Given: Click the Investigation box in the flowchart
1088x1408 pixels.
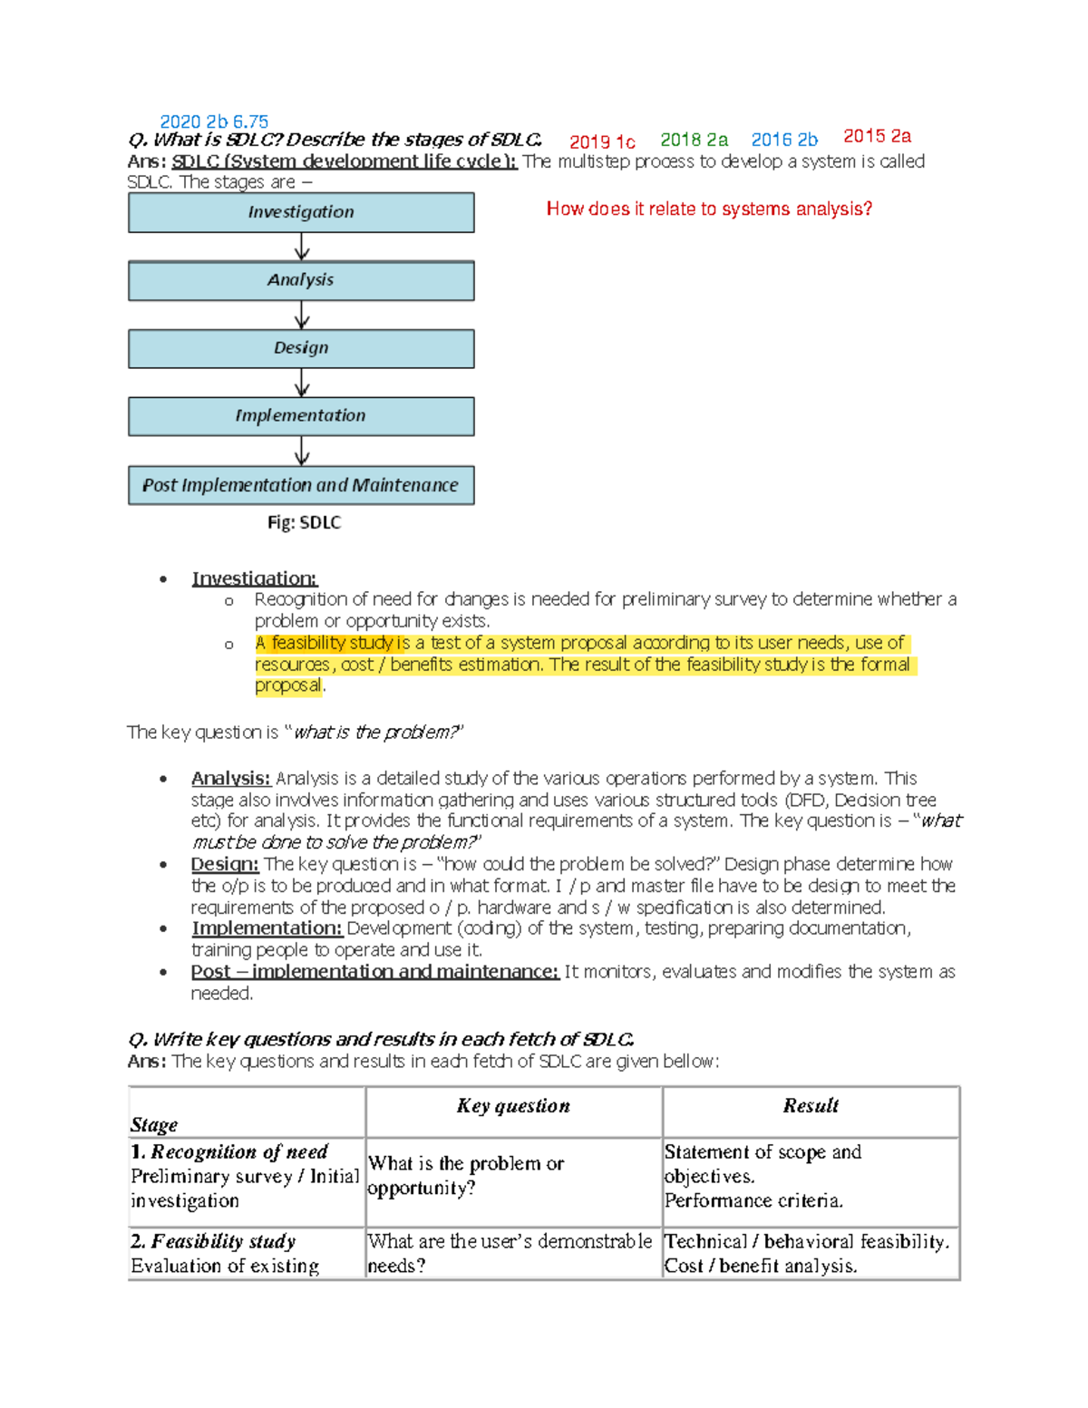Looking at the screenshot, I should click(x=301, y=212).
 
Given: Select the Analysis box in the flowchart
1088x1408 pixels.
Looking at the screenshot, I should click(x=301, y=280).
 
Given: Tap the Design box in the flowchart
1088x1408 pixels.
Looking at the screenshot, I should click(x=301, y=348).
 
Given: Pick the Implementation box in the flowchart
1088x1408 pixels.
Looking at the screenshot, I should click(x=301, y=416).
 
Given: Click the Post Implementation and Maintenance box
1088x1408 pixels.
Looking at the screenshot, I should click(x=301, y=485).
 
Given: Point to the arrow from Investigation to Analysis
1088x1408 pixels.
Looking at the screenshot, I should click(x=302, y=247).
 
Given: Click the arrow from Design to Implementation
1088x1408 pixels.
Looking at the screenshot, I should click(x=302, y=383).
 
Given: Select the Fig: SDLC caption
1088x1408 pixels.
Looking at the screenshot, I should click(x=304, y=523).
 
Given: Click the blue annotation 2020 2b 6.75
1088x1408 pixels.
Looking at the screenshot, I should click(x=214, y=121).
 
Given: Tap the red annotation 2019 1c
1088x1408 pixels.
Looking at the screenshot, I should click(x=602, y=141).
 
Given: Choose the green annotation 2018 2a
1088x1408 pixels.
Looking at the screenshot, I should click(x=694, y=140).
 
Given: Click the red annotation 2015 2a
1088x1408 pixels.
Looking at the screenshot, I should click(x=877, y=136).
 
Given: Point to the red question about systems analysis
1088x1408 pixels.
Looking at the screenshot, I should click(x=709, y=209).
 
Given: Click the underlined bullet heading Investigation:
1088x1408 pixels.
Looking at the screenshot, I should click(x=254, y=578).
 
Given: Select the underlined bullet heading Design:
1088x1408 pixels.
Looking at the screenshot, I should click(x=224, y=864).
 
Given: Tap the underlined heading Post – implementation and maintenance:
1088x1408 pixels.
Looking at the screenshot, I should click(x=374, y=972).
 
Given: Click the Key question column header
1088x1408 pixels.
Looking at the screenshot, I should click(x=513, y=1106).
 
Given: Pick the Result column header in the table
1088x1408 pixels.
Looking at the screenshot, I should click(x=811, y=1106).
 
